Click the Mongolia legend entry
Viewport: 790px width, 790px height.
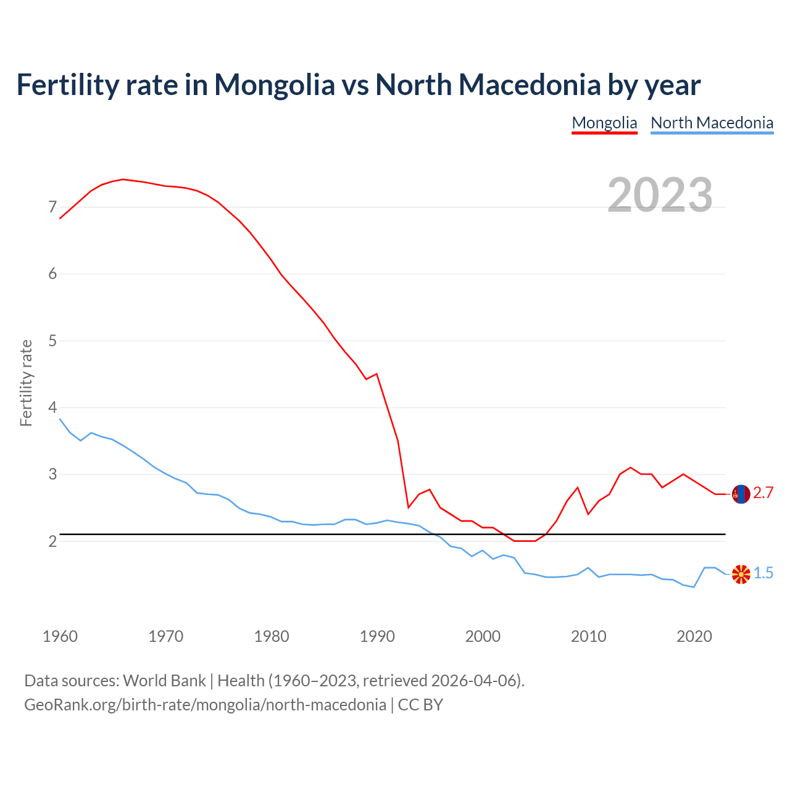tap(604, 123)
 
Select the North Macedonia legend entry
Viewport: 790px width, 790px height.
tap(712, 123)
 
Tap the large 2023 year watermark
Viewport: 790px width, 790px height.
tap(660, 195)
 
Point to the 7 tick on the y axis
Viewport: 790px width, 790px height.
tap(52, 207)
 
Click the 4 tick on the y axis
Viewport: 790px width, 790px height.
tap(52, 407)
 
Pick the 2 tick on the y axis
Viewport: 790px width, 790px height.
tap(52, 541)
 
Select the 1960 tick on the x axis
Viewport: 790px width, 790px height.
tap(60, 636)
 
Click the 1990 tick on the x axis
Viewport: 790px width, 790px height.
tap(377, 636)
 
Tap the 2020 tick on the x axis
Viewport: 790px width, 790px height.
tap(694, 636)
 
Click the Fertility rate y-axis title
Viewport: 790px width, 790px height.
tap(26, 383)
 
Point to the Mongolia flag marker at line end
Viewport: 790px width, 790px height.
tap(741, 494)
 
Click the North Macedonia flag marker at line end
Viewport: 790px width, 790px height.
tap(741, 574)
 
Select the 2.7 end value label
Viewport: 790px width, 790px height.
tap(763, 493)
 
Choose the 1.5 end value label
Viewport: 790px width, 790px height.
tap(763, 573)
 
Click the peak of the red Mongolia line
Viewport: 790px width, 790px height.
tap(123, 179)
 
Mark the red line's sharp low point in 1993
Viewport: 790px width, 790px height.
tap(409, 507)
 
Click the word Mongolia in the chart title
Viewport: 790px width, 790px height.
tap(274, 85)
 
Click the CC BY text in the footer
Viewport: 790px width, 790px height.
tap(420, 705)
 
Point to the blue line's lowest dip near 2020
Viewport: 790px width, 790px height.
tap(694, 587)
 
